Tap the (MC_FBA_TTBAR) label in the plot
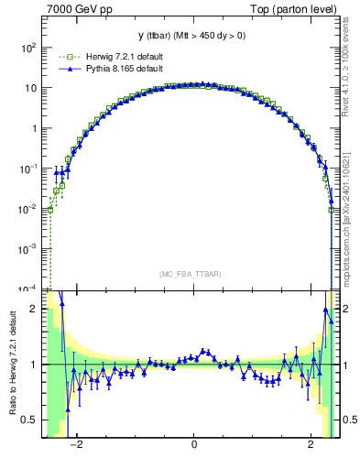[x=193, y=273]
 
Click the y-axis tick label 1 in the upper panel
[x=36, y=128]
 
